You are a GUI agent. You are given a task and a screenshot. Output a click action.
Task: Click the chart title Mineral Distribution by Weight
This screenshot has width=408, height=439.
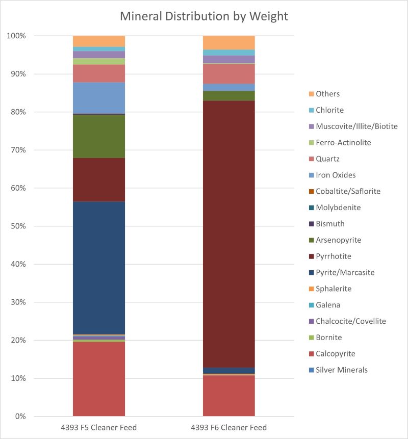click(204, 16)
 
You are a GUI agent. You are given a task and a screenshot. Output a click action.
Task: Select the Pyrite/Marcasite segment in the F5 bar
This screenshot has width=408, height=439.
click(99, 268)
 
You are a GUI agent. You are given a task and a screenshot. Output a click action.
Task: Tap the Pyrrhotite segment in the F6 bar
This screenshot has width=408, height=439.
click(229, 234)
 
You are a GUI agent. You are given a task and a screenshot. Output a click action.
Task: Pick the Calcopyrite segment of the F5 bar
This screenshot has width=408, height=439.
click(99, 379)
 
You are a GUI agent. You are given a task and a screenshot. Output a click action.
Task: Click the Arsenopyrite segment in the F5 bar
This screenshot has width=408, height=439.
click(99, 136)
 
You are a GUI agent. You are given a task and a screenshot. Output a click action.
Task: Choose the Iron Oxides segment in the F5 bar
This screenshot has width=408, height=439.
click(99, 98)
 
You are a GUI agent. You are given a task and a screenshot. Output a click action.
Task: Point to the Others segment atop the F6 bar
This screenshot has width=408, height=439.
click(229, 42)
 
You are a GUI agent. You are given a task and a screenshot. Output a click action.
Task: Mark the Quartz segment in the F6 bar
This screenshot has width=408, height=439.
click(229, 74)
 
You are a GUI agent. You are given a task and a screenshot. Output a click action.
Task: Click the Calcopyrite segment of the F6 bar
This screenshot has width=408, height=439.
click(229, 396)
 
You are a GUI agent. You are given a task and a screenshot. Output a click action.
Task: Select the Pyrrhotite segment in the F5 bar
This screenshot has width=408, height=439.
click(99, 180)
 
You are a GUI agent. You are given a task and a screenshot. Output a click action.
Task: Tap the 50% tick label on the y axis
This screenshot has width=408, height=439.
click(18, 226)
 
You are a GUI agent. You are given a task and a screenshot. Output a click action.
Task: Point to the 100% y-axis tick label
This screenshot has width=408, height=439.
click(16, 36)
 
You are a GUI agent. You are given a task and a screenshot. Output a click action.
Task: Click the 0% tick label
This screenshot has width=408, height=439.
click(20, 417)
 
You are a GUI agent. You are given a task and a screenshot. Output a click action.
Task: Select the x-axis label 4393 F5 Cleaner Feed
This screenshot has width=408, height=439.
click(99, 427)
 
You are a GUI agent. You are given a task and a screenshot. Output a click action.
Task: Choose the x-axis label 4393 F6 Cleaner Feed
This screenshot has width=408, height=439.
click(229, 427)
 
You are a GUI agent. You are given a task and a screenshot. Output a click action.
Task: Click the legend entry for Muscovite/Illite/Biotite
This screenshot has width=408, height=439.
click(353, 126)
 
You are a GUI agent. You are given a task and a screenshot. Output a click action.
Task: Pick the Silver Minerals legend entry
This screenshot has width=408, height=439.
click(338, 370)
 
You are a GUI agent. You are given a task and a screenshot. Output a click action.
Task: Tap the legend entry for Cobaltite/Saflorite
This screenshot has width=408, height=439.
click(344, 191)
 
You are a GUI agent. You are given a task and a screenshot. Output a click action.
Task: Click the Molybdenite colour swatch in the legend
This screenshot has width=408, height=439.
click(312, 208)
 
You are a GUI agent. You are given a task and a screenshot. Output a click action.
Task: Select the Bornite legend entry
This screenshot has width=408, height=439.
click(325, 338)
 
